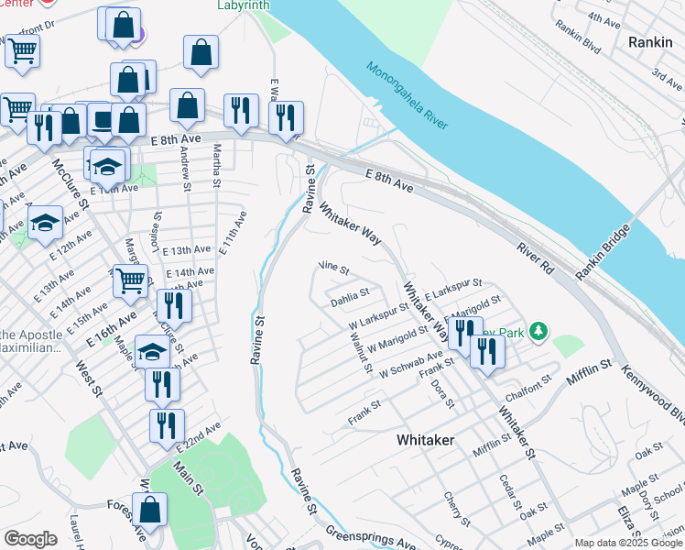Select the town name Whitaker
pyautogui.click(x=425, y=440)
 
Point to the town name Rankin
pyautogui.click(x=651, y=42)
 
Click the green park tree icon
pyautogui.click(x=540, y=331)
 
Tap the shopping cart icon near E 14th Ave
pyautogui.click(x=130, y=279)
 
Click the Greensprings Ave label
pyautogui.click(x=370, y=537)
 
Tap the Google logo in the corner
pyautogui.click(x=30, y=539)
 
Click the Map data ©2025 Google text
pyautogui.click(x=628, y=543)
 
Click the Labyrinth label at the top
pyautogui.click(x=244, y=5)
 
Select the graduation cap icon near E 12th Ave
pyautogui.click(x=45, y=221)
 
